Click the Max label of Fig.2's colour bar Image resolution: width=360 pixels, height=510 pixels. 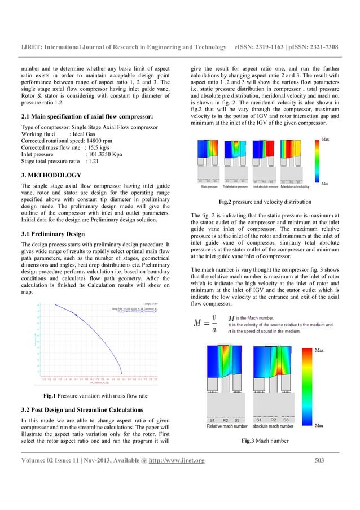327,138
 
